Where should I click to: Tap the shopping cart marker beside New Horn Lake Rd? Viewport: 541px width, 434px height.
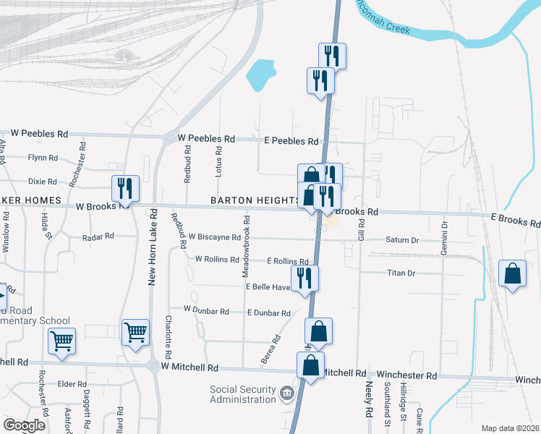click(x=135, y=333)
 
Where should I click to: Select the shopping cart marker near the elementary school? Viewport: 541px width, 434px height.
click(x=61, y=340)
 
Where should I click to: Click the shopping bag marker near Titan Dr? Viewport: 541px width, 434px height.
click(x=512, y=274)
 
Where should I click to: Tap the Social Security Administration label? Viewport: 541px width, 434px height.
click(x=243, y=394)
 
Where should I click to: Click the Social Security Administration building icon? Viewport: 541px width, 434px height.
click(x=287, y=395)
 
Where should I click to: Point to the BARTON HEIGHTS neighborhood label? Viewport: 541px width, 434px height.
click(x=255, y=200)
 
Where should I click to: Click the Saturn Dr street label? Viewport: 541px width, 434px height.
click(x=402, y=240)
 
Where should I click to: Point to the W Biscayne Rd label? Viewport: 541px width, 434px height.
click(x=214, y=237)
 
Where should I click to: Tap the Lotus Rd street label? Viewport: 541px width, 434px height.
click(x=219, y=160)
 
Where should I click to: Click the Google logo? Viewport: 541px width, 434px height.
click(x=24, y=425)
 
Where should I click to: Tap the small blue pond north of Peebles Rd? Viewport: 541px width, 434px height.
click(x=260, y=75)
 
